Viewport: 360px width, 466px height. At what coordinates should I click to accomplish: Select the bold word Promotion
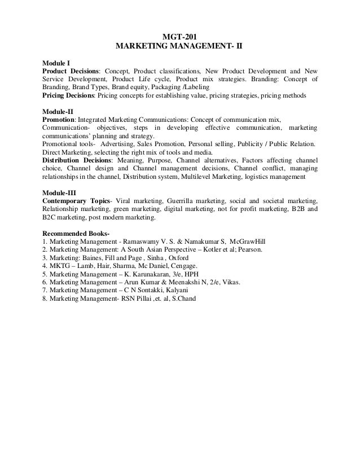coord(59,120)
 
